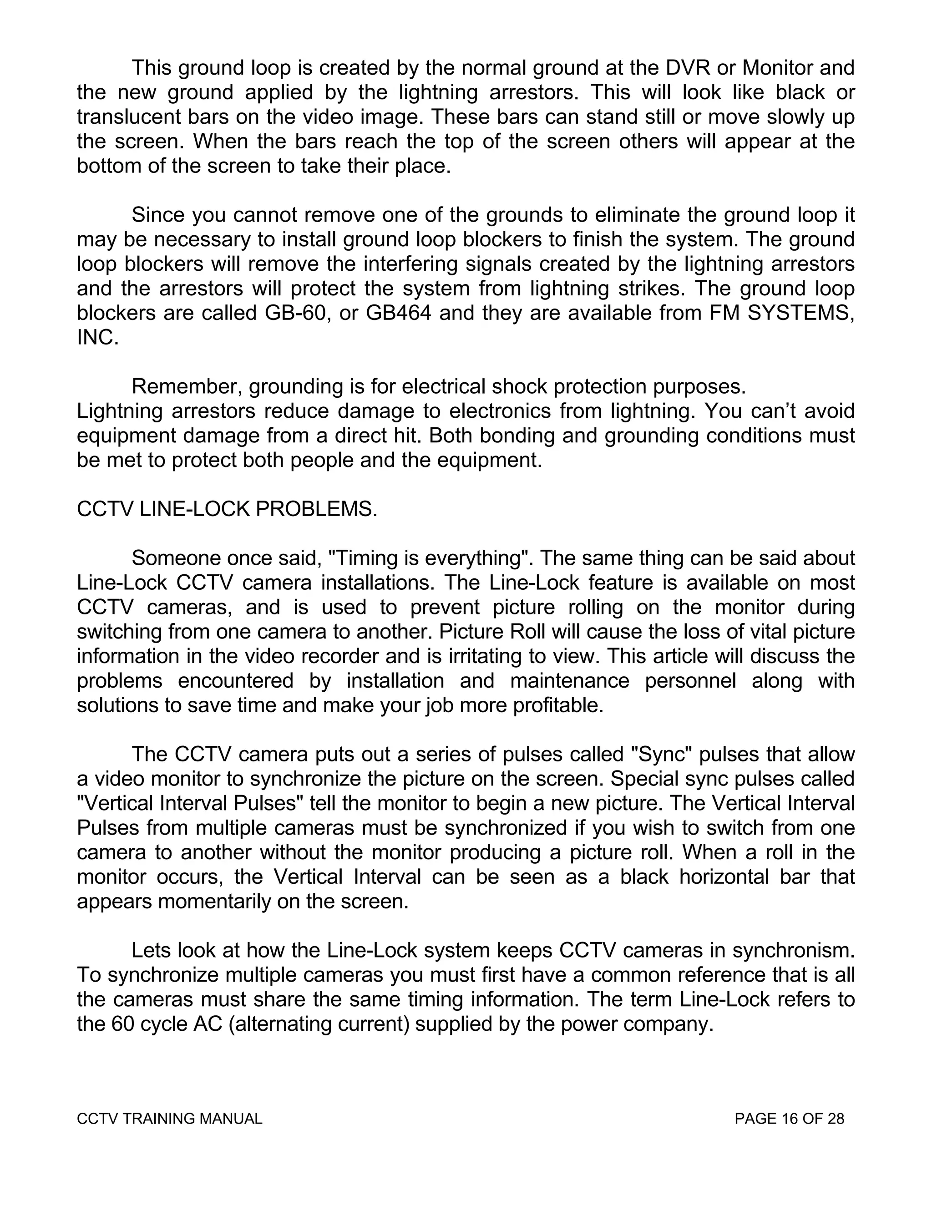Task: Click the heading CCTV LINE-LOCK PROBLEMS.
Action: [227, 509]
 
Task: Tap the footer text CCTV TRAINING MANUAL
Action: [169, 1119]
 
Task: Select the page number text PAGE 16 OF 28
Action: [790, 1119]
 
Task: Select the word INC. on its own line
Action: [98, 337]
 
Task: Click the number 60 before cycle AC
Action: [122, 1024]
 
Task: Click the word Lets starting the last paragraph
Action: [151, 950]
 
